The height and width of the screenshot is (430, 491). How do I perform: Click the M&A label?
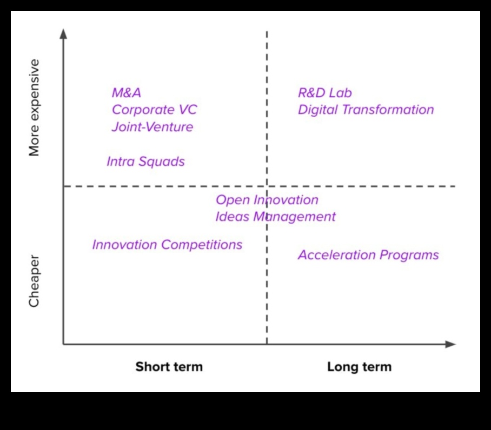[x=127, y=93]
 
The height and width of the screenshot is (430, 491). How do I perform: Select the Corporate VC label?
[x=154, y=110]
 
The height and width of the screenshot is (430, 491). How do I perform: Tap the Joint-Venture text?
[x=152, y=127]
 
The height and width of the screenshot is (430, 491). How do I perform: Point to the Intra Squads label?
[x=145, y=162]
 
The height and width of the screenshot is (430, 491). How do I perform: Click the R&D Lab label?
[x=324, y=93]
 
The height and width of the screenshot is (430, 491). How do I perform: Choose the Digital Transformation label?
[x=366, y=110]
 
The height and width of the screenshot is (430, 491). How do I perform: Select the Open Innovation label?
[x=267, y=200]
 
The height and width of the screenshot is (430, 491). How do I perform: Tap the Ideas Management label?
[x=275, y=217]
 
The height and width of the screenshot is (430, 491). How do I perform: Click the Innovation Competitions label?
[x=167, y=245]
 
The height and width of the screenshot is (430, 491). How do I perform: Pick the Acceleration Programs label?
[x=368, y=255]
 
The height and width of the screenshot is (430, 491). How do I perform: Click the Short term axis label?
[x=169, y=367]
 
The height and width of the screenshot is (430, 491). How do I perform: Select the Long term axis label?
[x=359, y=367]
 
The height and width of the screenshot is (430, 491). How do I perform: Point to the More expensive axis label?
[x=35, y=108]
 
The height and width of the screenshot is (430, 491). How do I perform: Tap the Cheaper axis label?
[x=35, y=281]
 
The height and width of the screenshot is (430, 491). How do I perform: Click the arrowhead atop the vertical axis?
[x=63, y=33]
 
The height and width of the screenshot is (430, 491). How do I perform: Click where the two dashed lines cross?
[x=267, y=186]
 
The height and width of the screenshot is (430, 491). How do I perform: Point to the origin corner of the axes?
[x=63, y=344]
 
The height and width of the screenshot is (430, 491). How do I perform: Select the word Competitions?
[x=202, y=245]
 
